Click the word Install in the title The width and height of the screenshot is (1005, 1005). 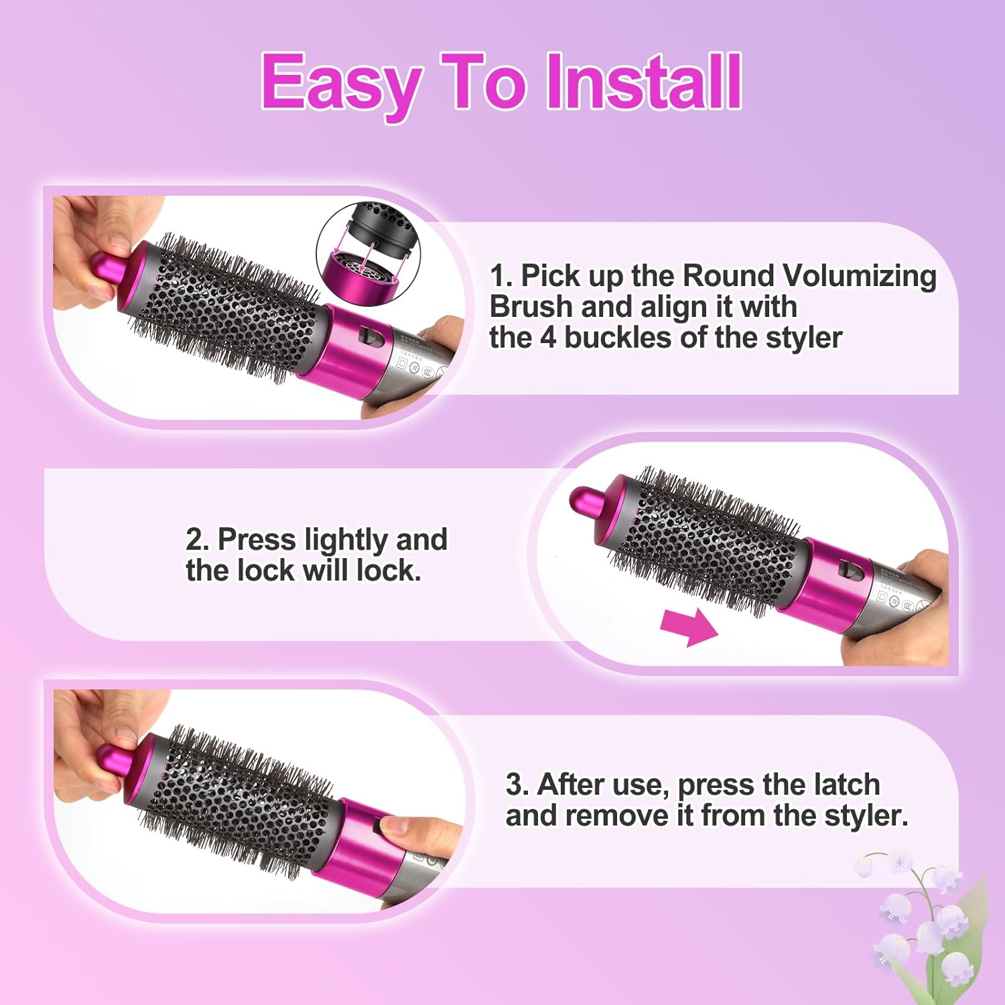point(643,82)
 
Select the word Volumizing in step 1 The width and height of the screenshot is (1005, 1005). point(860,275)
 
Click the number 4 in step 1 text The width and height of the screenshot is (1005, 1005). point(548,337)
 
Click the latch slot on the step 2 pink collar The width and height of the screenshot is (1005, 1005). point(852,571)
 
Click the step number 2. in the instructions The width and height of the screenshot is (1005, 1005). point(198,539)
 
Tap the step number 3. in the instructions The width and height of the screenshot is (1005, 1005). point(517,784)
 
